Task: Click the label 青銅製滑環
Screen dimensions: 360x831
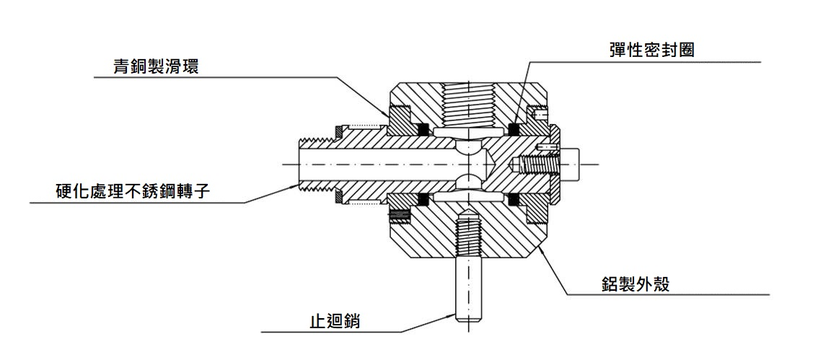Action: (x=156, y=67)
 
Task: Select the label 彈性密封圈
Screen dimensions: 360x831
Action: (x=651, y=51)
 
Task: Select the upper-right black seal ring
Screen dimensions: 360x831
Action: (x=514, y=129)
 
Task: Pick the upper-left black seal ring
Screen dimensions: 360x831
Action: (x=423, y=129)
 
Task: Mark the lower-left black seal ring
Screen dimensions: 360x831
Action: (x=423, y=199)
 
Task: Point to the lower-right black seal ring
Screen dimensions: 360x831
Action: (x=514, y=199)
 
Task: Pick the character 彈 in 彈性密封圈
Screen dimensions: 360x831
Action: (x=617, y=51)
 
